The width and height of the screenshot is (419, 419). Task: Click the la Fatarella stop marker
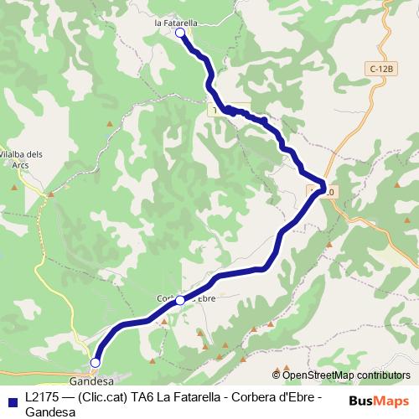tap(180, 33)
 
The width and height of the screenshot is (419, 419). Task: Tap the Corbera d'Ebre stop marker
tap(180, 299)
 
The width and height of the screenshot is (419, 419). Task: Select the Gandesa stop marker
tap(95, 362)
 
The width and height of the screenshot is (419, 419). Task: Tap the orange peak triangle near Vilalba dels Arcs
tap(51, 194)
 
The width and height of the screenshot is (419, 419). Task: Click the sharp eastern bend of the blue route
tap(323, 186)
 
